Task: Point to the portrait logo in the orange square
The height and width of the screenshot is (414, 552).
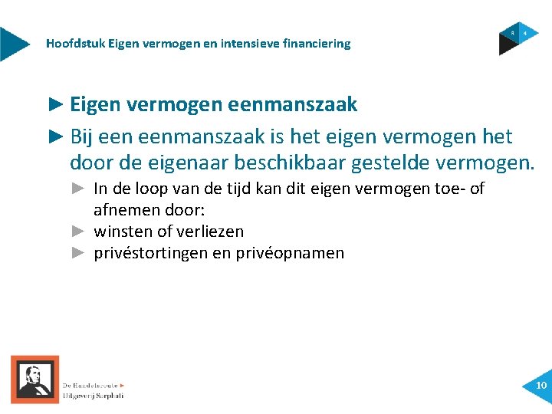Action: click(34, 379)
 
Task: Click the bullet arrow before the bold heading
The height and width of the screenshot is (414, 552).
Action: click(57, 103)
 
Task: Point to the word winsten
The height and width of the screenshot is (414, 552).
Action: click(123, 231)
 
